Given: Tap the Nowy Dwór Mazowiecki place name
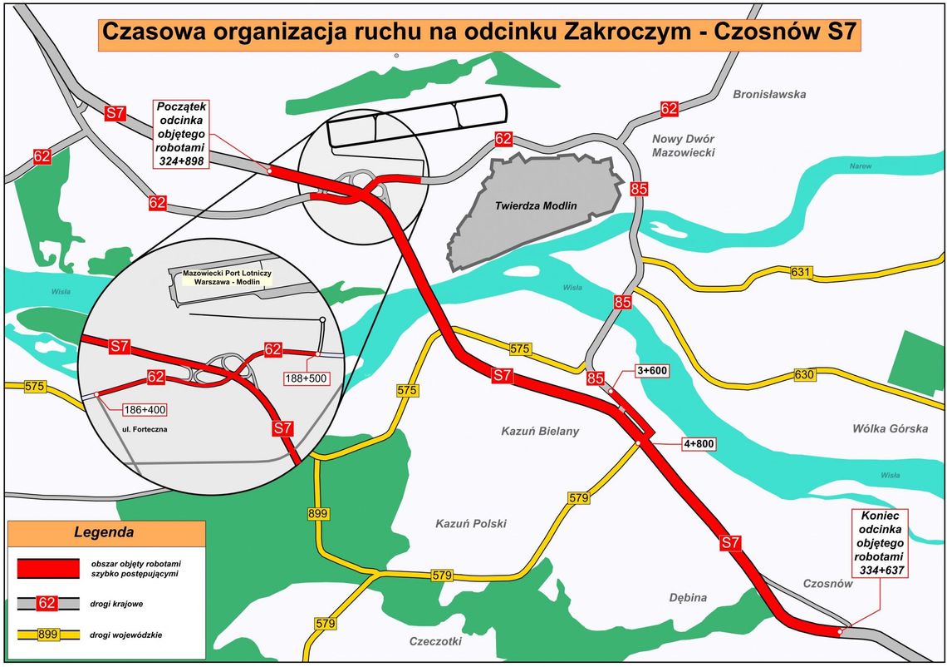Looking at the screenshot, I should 683,146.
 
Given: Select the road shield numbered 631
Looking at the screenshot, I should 801,272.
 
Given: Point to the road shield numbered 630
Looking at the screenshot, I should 804,374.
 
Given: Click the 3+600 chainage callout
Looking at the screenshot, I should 651,370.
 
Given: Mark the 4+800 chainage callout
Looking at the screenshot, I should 699,443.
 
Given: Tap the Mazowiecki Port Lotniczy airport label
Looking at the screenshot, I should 226,277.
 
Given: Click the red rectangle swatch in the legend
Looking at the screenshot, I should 48,568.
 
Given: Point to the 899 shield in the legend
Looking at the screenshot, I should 49,635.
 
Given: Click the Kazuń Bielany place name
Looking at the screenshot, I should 540,431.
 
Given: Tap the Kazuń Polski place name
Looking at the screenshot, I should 470,524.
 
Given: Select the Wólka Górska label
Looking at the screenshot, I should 890,428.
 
